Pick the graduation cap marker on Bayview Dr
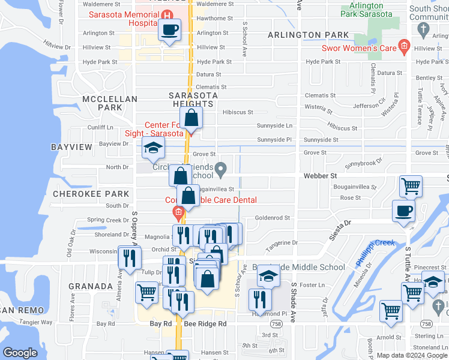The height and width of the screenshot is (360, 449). tap(153, 148)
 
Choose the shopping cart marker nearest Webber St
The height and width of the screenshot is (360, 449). tap(411, 187)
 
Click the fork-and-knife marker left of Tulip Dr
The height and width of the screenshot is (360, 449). tap(130, 258)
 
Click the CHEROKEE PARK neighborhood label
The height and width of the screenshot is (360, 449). tap(91, 194)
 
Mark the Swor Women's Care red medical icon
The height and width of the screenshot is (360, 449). tap(404, 47)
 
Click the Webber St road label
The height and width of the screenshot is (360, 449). tap(319, 176)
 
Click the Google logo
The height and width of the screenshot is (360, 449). tap(20, 352)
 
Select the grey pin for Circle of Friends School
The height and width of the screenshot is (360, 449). tap(221, 170)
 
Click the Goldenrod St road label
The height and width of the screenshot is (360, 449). tap(273, 218)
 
